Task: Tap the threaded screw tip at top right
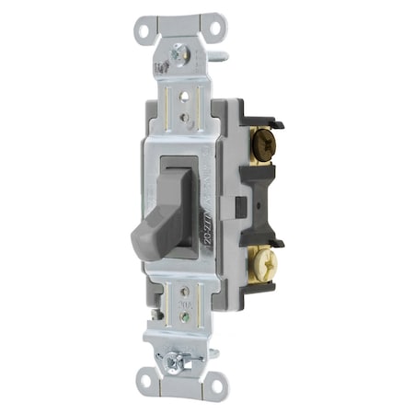pos(224,55)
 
